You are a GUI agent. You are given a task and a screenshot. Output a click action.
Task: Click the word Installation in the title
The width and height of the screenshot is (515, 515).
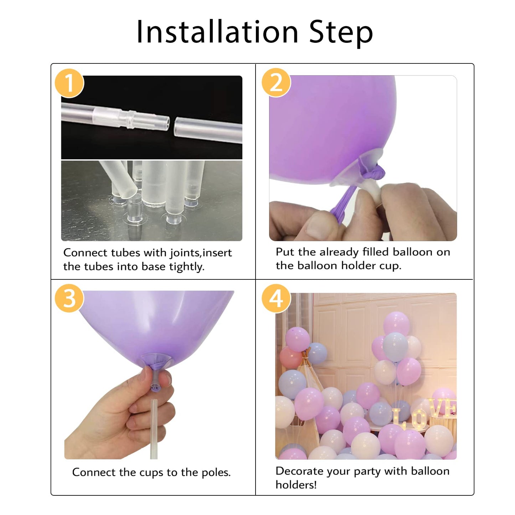217,32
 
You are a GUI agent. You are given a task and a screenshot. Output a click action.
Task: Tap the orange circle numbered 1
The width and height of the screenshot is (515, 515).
69,83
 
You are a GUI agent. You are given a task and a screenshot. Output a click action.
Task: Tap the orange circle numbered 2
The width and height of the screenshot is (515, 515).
276,83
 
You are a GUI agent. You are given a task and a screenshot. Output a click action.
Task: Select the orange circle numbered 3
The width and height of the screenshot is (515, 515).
69,298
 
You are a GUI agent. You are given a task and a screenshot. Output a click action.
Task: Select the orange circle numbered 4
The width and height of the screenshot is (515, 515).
276,298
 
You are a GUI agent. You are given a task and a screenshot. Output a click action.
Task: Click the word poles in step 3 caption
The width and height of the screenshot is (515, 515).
216,473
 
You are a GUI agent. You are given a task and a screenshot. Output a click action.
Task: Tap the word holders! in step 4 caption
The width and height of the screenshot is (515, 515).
296,485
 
